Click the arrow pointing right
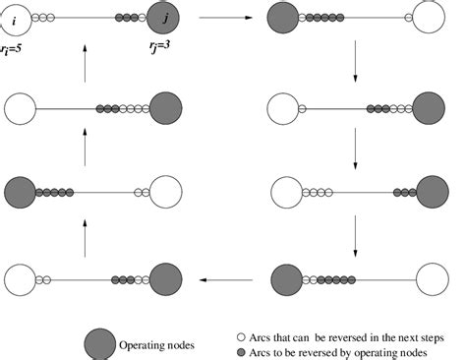[217, 18]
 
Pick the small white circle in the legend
[240, 333]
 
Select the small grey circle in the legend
[240, 351]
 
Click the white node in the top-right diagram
[430, 18]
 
